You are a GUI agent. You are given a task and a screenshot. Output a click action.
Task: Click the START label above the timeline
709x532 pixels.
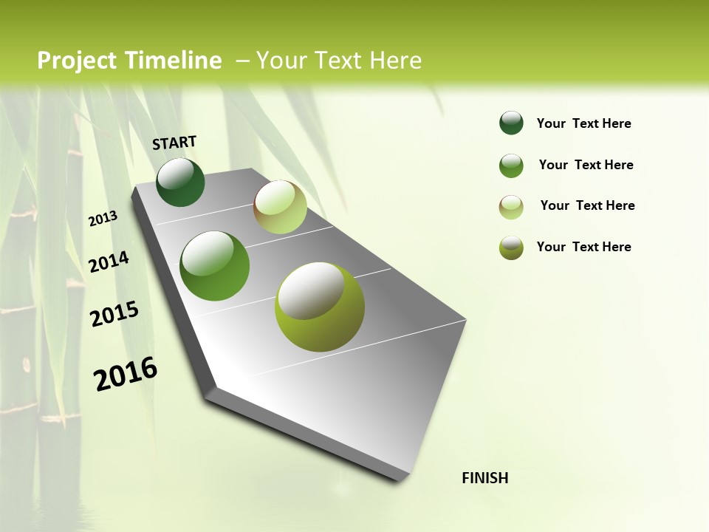click(x=174, y=143)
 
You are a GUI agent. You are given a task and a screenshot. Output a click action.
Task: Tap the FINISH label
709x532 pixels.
click(x=485, y=478)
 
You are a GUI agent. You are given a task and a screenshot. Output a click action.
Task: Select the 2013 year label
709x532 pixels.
click(x=103, y=219)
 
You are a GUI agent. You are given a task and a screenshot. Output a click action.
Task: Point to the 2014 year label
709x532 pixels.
click(x=109, y=262)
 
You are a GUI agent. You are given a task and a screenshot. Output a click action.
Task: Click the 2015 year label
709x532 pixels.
click(x=114, y=313)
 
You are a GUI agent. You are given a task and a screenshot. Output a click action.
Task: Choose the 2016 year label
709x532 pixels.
click(x=125, y=374)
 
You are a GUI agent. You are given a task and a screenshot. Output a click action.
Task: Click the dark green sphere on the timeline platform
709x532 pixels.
click(x=180, y=182)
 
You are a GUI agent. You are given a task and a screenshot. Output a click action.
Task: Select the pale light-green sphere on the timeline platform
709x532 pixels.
click(x=280, y=207)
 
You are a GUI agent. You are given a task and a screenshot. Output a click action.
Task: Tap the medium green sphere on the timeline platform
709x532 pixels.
click(x=215, y=266)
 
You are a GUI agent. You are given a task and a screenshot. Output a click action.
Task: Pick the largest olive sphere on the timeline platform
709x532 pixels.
click(x=320, y=307)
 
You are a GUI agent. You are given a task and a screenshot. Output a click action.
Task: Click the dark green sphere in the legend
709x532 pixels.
click(x=511, y=123)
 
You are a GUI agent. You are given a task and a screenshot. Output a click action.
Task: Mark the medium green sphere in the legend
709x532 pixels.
click(x=511, y=166)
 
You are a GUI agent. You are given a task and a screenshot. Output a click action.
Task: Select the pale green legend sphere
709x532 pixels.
click(x=511, y=207)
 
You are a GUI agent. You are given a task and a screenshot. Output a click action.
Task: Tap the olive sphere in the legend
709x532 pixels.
click(x=511, y=248)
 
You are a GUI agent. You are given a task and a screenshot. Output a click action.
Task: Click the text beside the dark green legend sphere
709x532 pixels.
click(x=583, y=123)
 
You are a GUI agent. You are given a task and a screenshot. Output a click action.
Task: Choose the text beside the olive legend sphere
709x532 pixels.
click(x=583, y=247)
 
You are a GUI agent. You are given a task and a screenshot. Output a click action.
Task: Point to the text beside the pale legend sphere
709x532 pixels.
click(x=587, y=205)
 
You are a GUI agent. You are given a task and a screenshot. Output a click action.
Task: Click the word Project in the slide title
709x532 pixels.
click(x=78, y=61)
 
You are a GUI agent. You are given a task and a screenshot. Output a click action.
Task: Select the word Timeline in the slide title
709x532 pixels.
click(x=174, y=61)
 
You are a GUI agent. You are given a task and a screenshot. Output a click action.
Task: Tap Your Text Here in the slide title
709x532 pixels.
click(x=339, y=61)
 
